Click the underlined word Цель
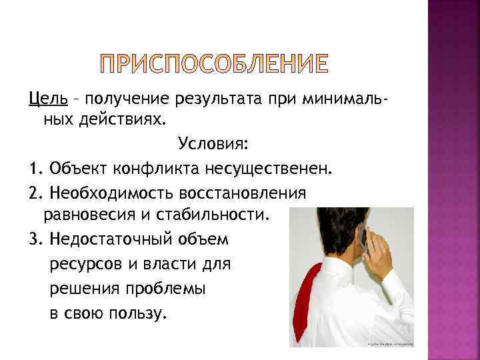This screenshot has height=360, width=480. click(x=47, y=99)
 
